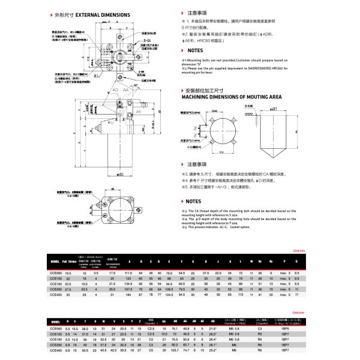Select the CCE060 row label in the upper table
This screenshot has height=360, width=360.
point(56,273)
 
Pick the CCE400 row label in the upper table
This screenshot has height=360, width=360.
point(56,294)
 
